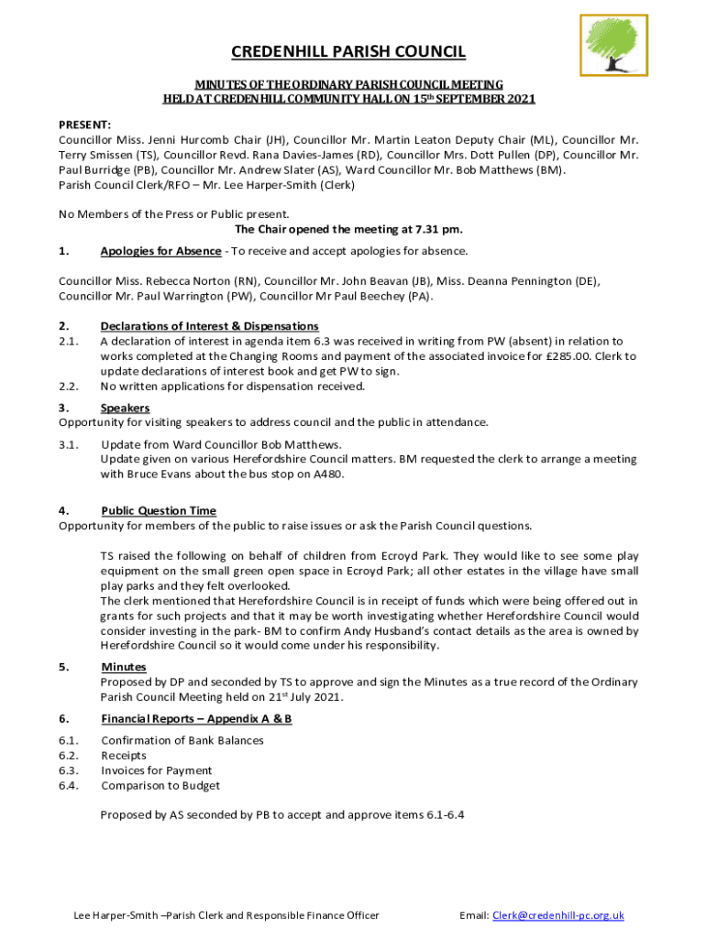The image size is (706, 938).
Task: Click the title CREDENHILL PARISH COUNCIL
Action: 348,52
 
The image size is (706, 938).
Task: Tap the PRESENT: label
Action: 85,125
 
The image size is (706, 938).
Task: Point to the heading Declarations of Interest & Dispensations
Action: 210,326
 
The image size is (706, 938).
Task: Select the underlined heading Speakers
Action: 125,408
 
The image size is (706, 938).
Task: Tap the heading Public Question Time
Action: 159,511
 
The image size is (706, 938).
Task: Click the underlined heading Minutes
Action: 124,667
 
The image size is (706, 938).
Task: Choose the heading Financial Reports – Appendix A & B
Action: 196,719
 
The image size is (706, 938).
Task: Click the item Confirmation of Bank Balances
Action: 182,740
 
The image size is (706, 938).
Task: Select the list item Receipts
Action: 124,756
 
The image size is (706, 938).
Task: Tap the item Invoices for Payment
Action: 156,770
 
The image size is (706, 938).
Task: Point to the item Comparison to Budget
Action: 160,785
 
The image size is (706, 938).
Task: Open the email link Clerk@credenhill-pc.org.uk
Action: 558,915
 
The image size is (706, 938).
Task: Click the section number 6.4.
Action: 69,785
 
